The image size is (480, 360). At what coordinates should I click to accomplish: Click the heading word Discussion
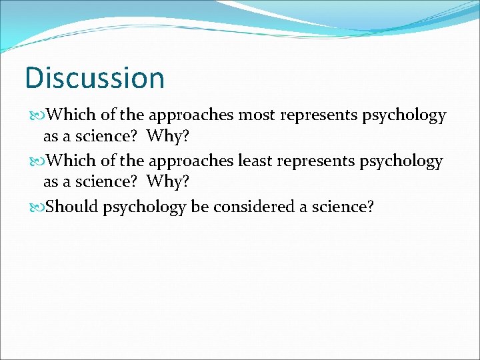[94, 77]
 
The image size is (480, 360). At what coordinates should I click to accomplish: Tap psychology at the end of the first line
[404, 116]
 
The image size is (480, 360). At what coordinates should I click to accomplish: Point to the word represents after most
[319, 116]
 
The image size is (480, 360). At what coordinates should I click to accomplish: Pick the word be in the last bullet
[199, 207]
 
